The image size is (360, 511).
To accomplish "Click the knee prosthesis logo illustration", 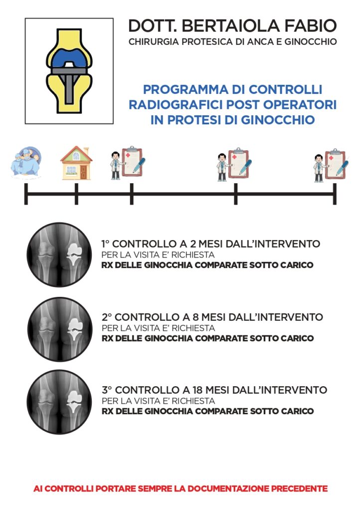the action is (x=69, y=71).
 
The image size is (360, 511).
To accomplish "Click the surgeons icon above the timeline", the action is (x=26, y=162).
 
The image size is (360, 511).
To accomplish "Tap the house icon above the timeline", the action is (x=76, y=163).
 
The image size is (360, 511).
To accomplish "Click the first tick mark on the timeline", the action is (x=26, y=194).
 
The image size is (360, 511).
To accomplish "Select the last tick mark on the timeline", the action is (x=335, y=194).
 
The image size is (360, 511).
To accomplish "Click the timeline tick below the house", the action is (x=76, y=194).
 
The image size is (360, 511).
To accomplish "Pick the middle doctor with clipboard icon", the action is (x=234, y=165).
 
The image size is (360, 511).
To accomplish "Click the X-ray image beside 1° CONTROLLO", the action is (x=59, y=255).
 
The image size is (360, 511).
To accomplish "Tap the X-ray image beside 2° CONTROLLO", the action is (x=60, y=329).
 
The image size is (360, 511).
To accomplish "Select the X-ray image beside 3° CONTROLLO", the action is (x=59, y=402).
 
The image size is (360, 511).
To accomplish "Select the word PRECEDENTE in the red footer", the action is (x=300, y=489).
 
